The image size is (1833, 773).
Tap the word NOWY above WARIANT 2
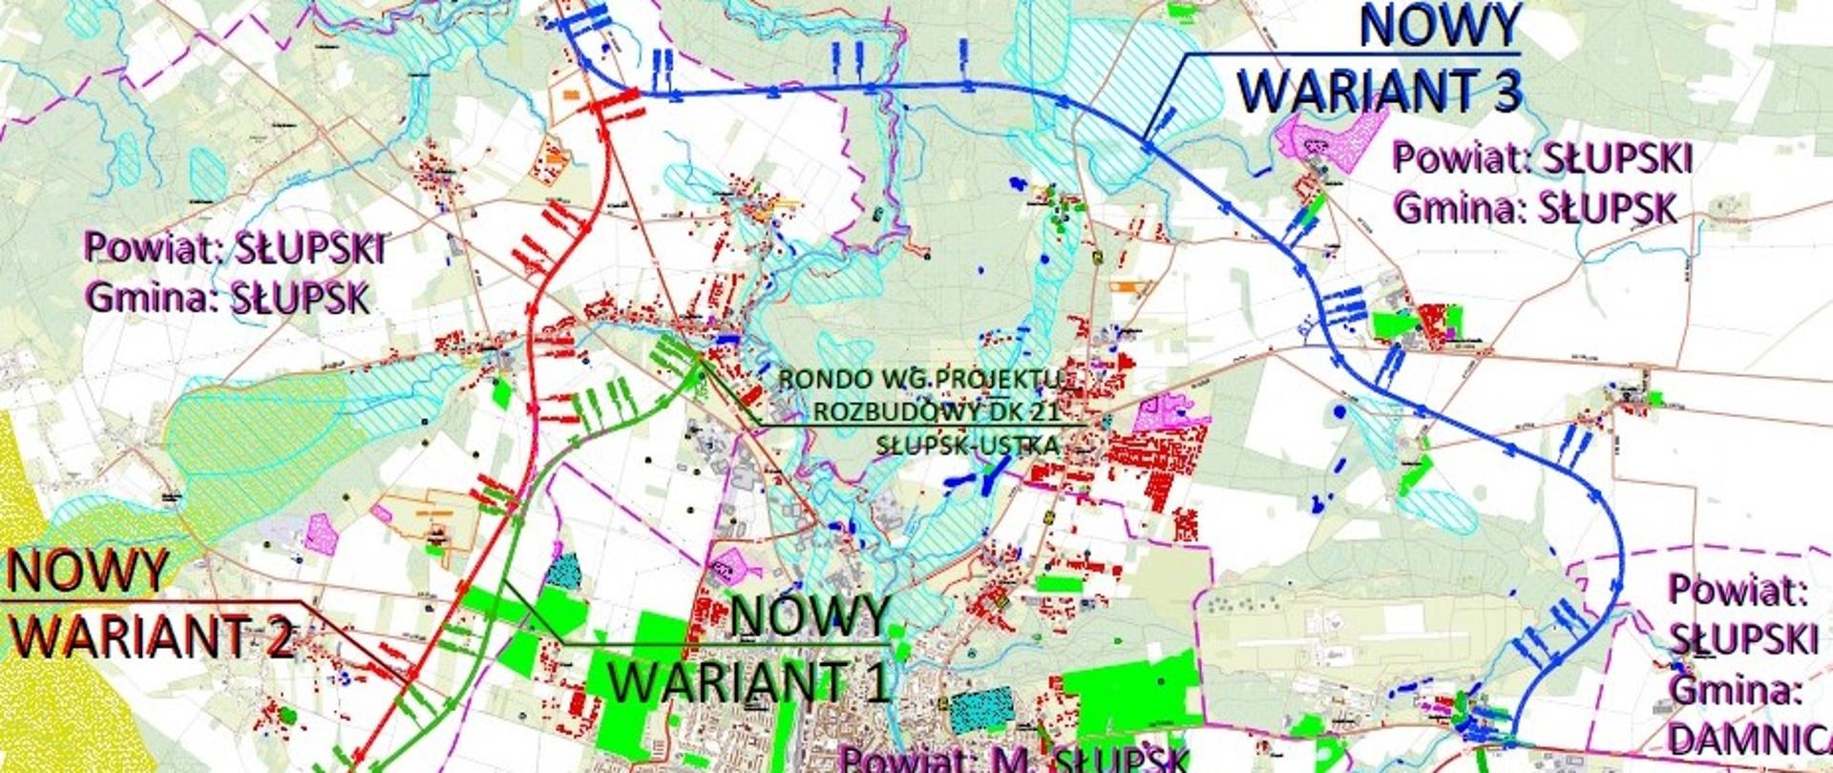coord(87,573)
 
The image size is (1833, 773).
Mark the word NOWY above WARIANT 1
coord(811,616)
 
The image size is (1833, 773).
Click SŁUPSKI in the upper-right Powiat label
coord(1615,158)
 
